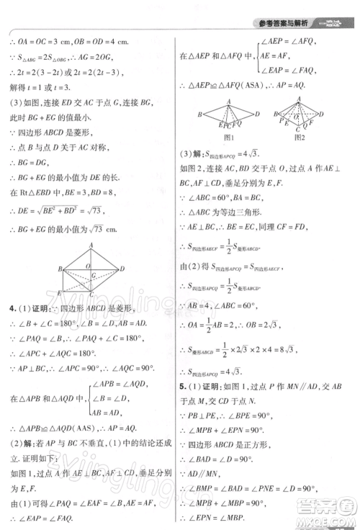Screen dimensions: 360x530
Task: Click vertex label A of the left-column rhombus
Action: (x=92, y=246)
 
